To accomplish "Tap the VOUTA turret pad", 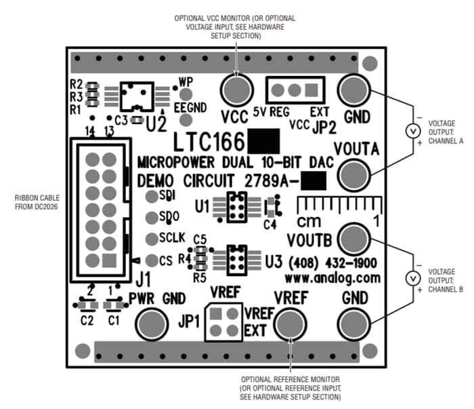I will point(353,175).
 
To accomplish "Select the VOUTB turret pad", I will point(353,239).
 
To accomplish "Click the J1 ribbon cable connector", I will point(102,208).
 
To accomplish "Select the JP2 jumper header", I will point(295,88).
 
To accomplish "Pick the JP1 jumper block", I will point(223,322).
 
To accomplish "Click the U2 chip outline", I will point(138,97).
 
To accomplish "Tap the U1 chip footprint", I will point(236,207).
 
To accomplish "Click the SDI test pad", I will point(151,197).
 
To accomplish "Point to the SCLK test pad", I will point(151,239).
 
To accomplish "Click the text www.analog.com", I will point(332,278).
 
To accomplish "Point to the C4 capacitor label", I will point(270,224).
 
